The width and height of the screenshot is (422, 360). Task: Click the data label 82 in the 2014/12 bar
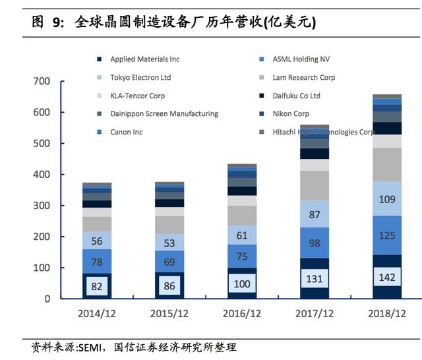point(97,286)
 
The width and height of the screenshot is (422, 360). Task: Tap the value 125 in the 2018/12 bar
point(387,235)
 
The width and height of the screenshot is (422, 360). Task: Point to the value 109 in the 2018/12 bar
point(387,199)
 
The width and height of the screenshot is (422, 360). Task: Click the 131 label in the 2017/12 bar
point(315,279)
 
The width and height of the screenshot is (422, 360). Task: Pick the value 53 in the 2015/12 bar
point(169,243)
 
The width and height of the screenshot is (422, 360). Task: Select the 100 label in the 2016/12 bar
point(242,283)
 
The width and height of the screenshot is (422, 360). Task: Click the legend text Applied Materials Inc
point(144,59)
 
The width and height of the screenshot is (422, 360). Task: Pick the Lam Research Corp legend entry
point(303,78)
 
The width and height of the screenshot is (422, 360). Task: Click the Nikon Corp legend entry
point(291,114)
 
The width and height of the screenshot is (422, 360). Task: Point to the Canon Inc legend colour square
point(98,132)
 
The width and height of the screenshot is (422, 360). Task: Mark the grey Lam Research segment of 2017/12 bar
point(315,186)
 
